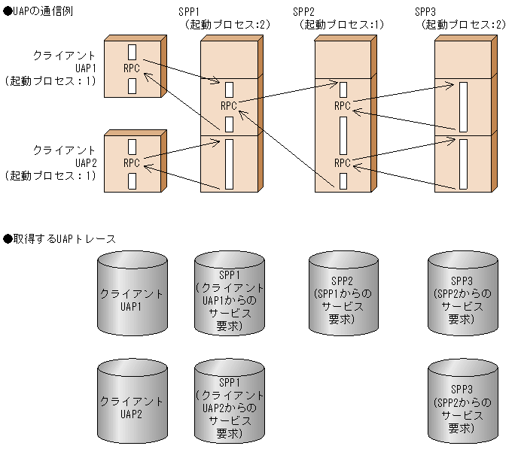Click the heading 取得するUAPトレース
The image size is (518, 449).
(x=60, y=239)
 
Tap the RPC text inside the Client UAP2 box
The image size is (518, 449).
(x=132, y=162)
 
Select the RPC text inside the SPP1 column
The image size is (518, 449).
(x=229, y=106)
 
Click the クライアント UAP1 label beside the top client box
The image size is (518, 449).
(x=63, y=68)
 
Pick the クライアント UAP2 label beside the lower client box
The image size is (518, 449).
(x=63, y=162)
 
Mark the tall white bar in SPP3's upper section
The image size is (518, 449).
(x=464, y=107)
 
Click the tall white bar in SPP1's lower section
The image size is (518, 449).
(x=229, y=163)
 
